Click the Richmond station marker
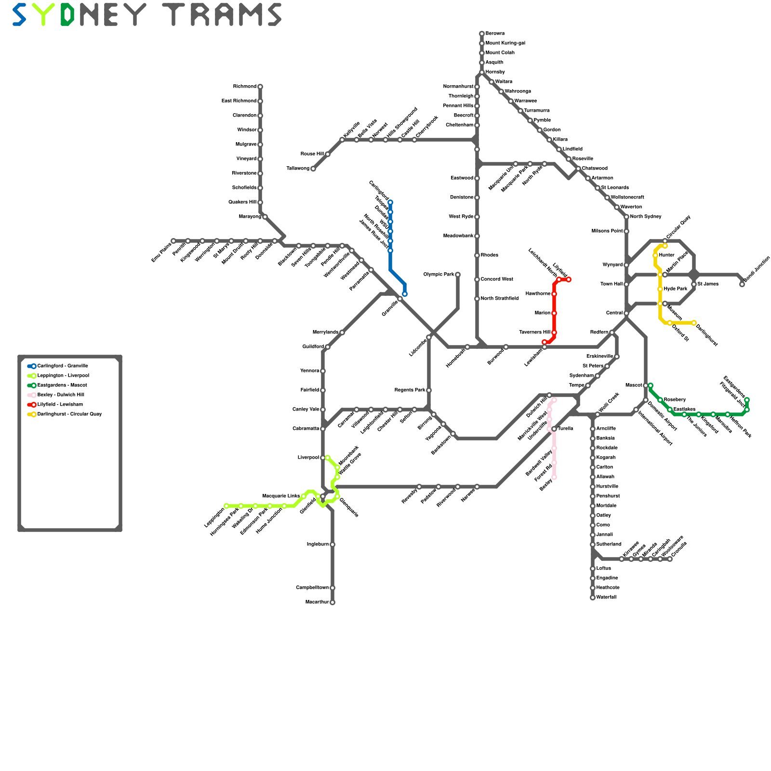click(260, 87)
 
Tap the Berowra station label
click(495, 34)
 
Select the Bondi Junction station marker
click(742, 284)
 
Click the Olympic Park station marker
click(458, 275)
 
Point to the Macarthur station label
click(317, 602)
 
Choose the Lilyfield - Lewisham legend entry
click(60, 405)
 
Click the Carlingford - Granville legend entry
click(63, 366)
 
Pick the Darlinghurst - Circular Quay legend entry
click(69, 414)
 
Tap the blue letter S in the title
click(19, 14)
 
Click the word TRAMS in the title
click(222, 14)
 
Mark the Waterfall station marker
click(593, 598)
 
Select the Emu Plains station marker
click(173, 241)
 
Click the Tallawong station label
click(298, 169)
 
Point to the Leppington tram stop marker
click(226, 506)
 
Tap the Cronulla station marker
click(670, 559)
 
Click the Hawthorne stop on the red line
click(554, 294)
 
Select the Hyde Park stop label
click(676, 289)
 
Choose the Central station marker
click(626, 313)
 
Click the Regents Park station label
click(410, 390)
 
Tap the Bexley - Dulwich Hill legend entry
click(61, 395)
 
